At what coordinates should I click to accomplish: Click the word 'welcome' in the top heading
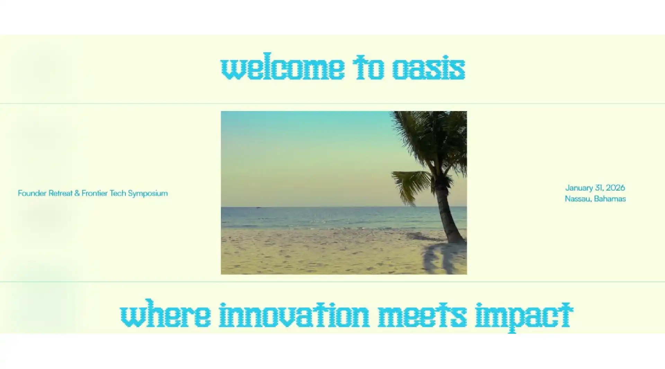(282, 68)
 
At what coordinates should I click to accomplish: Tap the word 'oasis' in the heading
(428, 68)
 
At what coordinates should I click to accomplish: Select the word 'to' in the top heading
(369, 68)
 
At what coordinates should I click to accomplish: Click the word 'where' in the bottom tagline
(166, 315)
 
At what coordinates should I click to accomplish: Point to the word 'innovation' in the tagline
(294, 315)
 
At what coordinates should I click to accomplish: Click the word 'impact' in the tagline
(524, 315)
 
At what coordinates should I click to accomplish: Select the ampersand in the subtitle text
(77, 193)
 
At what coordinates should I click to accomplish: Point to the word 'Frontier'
(95, 193)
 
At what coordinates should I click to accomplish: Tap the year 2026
(615, 188)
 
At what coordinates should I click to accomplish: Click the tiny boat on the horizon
(258, 207)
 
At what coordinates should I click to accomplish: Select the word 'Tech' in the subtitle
(118, 193)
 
